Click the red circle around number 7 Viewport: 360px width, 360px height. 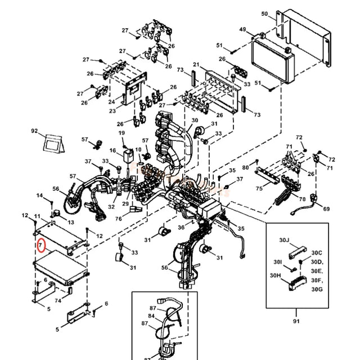coord(40,245)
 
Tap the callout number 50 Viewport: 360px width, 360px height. coord(280,13)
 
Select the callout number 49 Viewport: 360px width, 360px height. coord(243,29)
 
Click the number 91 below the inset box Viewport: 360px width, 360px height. coord(296,321)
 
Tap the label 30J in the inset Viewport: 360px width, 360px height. coord(284,240)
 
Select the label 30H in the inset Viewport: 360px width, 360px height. coord(275,276)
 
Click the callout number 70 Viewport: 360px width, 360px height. coord(302,199)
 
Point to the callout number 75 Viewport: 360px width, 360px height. coord(258,189)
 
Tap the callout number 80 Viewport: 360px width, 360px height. coord(246,168)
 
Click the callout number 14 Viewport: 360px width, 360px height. coord(40,195)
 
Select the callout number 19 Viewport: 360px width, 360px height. coord(120,133)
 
